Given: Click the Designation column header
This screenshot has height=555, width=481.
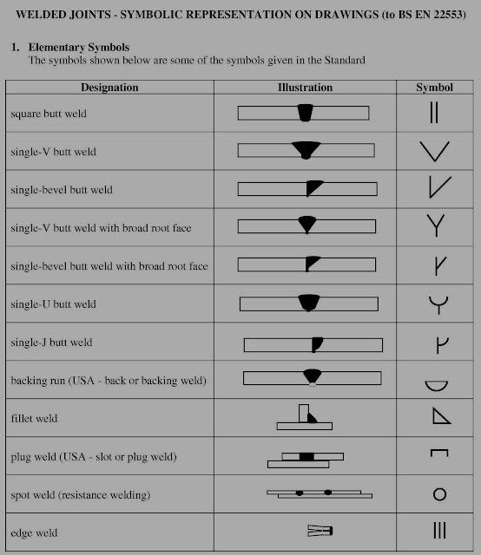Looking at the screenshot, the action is click(109, 88).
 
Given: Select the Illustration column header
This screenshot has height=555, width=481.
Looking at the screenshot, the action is click(305, 88).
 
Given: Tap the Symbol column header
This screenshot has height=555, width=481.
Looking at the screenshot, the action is click(434, 88).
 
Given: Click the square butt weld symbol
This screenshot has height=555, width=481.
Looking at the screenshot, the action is click(434, 114).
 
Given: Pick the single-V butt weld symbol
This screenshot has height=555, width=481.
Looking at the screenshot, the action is click(434, 152).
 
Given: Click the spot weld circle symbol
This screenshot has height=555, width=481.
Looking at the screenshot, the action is click(439, 494).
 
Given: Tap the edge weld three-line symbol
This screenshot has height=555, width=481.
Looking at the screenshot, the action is click(438, 531).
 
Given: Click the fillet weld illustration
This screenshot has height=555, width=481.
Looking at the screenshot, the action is click(304, 417).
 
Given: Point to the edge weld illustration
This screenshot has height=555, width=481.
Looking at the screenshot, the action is click(320, 530).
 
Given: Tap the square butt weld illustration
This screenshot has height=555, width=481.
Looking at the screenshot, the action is click(304, 113).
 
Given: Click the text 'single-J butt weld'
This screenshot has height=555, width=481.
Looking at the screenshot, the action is click(52, 343).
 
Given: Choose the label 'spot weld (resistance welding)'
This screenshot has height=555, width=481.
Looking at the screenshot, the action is click(81, 495).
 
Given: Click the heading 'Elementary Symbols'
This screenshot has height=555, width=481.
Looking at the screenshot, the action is click(79, 45).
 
